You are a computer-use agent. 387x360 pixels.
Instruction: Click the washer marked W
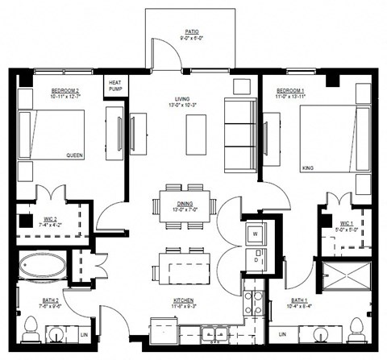[x=254, y=234]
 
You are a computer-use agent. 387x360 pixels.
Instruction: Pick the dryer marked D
[x=254, y=260]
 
